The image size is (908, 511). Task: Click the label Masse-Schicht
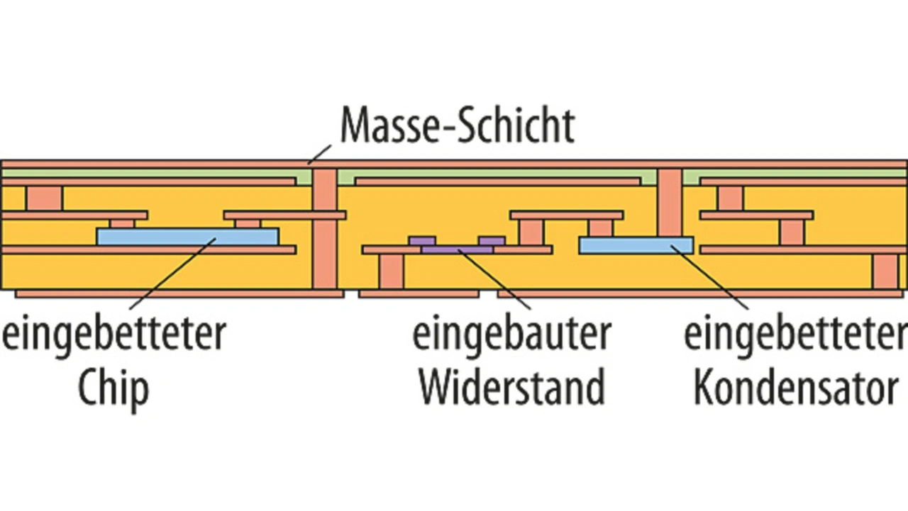458,125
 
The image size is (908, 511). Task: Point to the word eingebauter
512,335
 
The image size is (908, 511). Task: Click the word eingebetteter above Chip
114,335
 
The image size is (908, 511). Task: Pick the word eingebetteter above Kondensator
796,335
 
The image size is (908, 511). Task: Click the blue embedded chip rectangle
188,237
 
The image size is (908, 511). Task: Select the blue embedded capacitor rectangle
636,245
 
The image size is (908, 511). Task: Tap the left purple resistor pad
422,242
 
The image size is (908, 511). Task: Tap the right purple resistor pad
492,242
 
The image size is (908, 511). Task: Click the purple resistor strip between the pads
458,249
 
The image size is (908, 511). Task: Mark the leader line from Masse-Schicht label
320,155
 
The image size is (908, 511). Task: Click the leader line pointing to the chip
172,274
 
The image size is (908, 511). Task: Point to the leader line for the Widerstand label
494,279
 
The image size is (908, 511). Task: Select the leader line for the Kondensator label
710,277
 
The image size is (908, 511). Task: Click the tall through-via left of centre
325,229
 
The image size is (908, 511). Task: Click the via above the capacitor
670,203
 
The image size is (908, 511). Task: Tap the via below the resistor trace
392,271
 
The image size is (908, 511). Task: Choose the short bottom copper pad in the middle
419,293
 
